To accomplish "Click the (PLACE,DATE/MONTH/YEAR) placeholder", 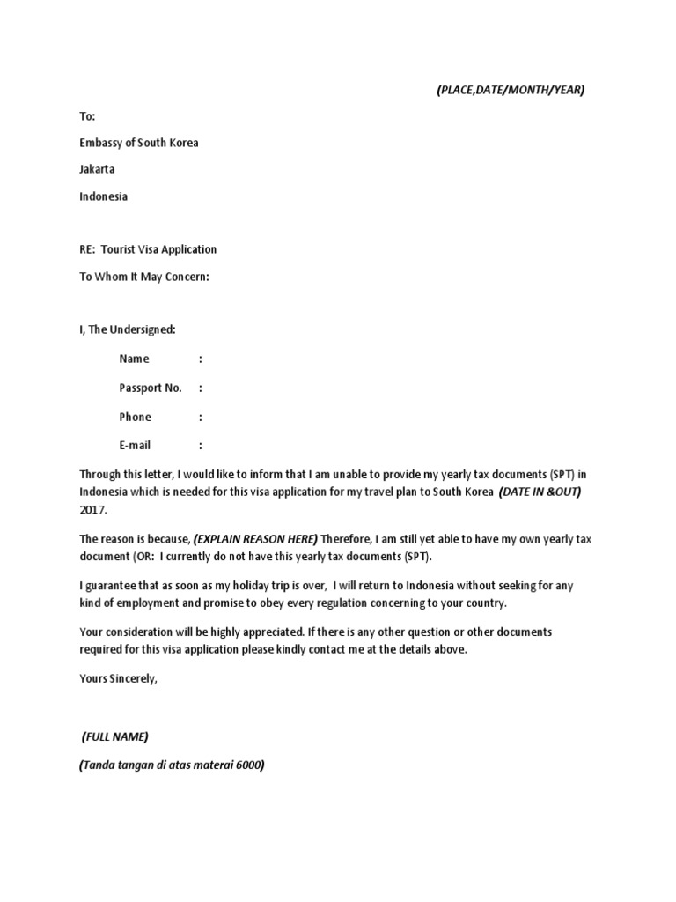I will (x=511, y=90).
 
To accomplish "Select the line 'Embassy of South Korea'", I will (x=139, y=143).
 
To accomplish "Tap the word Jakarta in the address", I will (x=97, y=169).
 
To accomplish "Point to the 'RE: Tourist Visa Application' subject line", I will (x=148, y=249).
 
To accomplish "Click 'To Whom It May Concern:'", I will (x=145, y=277).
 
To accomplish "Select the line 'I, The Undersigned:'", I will (x=128, y=329).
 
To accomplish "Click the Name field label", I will (x=135, y=359).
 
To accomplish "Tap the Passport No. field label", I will (x=151, y=388).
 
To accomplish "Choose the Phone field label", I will (x=136, y=417).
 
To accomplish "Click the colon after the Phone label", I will (x=201, y=417).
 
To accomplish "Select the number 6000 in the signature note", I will (x=249, y=765).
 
